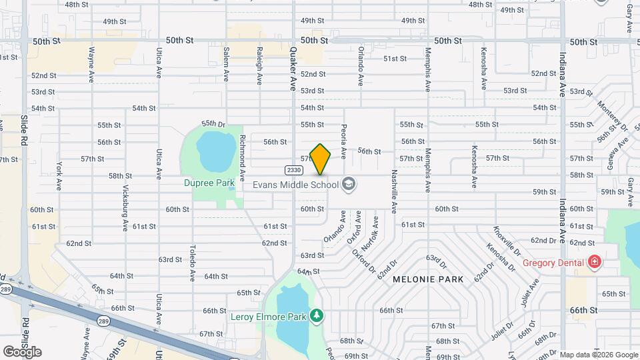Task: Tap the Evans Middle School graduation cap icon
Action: click(x=348, y=185)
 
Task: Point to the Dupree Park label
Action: click(x=209, y=182)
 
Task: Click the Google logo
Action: click(x=22, y=351)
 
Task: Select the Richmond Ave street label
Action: click(x=243, y=151)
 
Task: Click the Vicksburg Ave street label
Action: click(x=125, y=207)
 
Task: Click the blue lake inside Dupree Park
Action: click(x=213, y=153)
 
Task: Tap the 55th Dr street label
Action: click(x=214, y=123)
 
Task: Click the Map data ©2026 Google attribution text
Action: click(x=598, y=354)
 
